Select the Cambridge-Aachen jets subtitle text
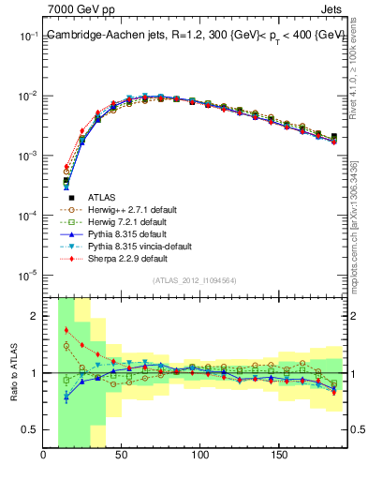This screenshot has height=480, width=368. click(x=196, y=35)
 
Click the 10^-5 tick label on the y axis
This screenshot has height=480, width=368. click(x=27, y=275)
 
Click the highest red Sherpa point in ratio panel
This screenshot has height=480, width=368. click(x=66, y=330)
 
